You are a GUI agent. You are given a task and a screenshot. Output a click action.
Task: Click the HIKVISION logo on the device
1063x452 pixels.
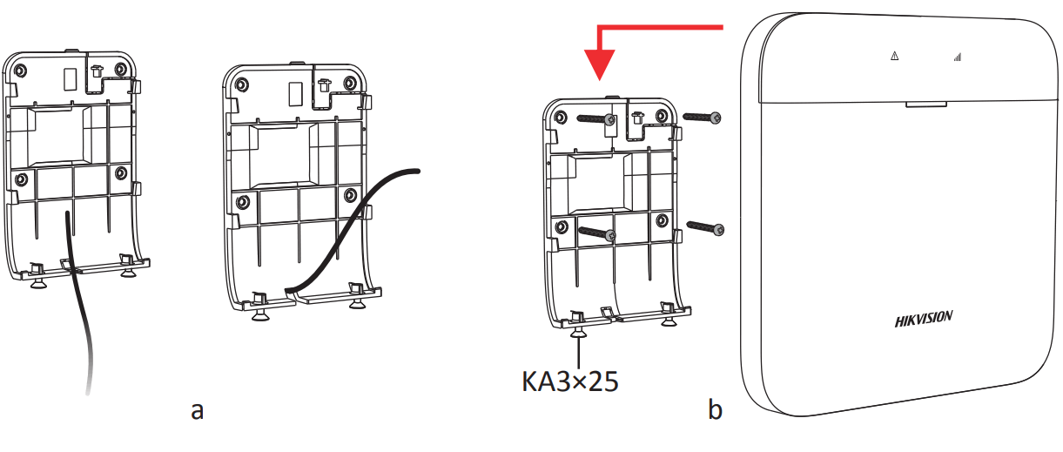[x=924, y=319]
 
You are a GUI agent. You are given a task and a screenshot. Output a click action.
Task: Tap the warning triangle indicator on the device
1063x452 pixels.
[x=894, y=57]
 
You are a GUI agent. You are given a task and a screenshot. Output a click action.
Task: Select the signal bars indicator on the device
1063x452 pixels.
[x=957, y=57]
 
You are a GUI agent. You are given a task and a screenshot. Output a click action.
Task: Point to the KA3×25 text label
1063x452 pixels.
[x=570, y=381]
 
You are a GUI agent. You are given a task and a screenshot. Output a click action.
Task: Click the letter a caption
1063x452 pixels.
[x=198, y=409]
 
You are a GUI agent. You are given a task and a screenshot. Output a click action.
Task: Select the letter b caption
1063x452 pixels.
[x=715, y=409]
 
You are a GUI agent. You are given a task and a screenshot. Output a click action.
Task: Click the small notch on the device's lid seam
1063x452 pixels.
[x=925, y=103]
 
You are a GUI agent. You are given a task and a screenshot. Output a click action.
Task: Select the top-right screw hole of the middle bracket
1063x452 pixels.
[x=350, y=84]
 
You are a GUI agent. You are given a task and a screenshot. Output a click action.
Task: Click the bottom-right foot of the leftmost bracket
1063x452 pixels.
[x=128, y=271]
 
